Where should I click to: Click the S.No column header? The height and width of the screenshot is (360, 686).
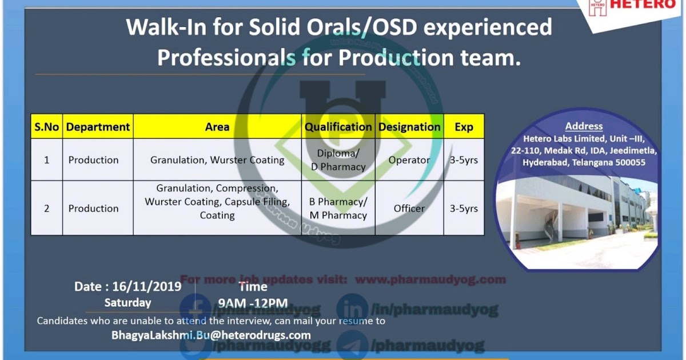pos(46,127)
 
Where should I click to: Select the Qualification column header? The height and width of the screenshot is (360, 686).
pos(338,127)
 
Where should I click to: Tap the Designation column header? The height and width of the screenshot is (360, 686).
pos(409,127)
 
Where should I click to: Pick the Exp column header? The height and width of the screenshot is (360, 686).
pos(464,127)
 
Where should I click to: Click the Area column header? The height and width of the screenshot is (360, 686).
pos(217,127)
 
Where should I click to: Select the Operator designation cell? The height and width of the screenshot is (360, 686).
pos(409,160)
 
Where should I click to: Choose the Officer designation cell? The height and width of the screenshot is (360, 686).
pos(409,209)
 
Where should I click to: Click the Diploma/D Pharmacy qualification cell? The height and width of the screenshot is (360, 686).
pos(338,160)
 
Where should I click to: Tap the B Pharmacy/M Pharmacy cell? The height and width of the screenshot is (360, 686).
pos(338,209)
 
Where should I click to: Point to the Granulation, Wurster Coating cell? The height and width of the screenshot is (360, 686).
pos(217,160)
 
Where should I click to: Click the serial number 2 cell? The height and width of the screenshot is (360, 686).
pos(46,209)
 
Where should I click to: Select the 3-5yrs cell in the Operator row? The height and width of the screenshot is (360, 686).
pos(464,160)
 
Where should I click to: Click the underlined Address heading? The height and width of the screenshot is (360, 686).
pos(584,126)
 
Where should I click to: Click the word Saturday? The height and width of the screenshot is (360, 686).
pos(127,303)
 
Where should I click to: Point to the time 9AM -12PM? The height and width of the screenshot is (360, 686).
pos(253,303)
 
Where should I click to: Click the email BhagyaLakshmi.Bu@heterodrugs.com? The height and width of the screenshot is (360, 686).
pos(211,335)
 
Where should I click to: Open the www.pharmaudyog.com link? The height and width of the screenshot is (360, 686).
pos(430,279)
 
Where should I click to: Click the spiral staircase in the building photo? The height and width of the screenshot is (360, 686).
pos(551,226)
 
